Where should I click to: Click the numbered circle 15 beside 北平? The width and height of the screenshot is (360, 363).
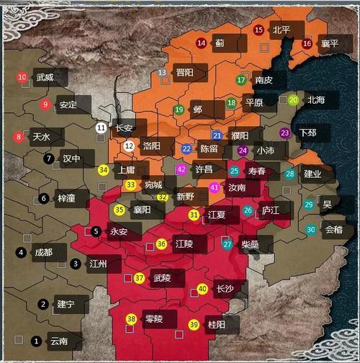259,30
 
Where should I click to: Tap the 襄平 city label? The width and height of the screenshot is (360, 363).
330,43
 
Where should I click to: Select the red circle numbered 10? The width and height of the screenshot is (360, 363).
22,77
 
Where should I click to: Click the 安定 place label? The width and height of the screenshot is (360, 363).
68,104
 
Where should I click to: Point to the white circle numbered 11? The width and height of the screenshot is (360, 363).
102,128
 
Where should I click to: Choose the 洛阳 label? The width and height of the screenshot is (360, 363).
152,145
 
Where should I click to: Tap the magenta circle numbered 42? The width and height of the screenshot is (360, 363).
181,169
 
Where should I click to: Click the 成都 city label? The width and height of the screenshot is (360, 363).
42,252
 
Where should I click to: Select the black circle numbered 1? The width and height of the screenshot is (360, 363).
37,340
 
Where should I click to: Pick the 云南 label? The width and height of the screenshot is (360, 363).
59,340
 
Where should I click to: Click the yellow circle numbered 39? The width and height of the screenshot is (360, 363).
194,325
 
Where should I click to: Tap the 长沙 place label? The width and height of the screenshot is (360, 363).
224,290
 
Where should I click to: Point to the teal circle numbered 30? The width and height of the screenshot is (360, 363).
310,229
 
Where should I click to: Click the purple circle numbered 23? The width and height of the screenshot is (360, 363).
285,133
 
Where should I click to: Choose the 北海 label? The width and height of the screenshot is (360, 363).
315,100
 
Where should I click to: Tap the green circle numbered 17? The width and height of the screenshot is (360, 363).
241,80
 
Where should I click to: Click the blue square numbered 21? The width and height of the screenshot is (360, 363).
217,135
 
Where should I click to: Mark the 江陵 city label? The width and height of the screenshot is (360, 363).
183,244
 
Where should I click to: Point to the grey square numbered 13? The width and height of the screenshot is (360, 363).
163,73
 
